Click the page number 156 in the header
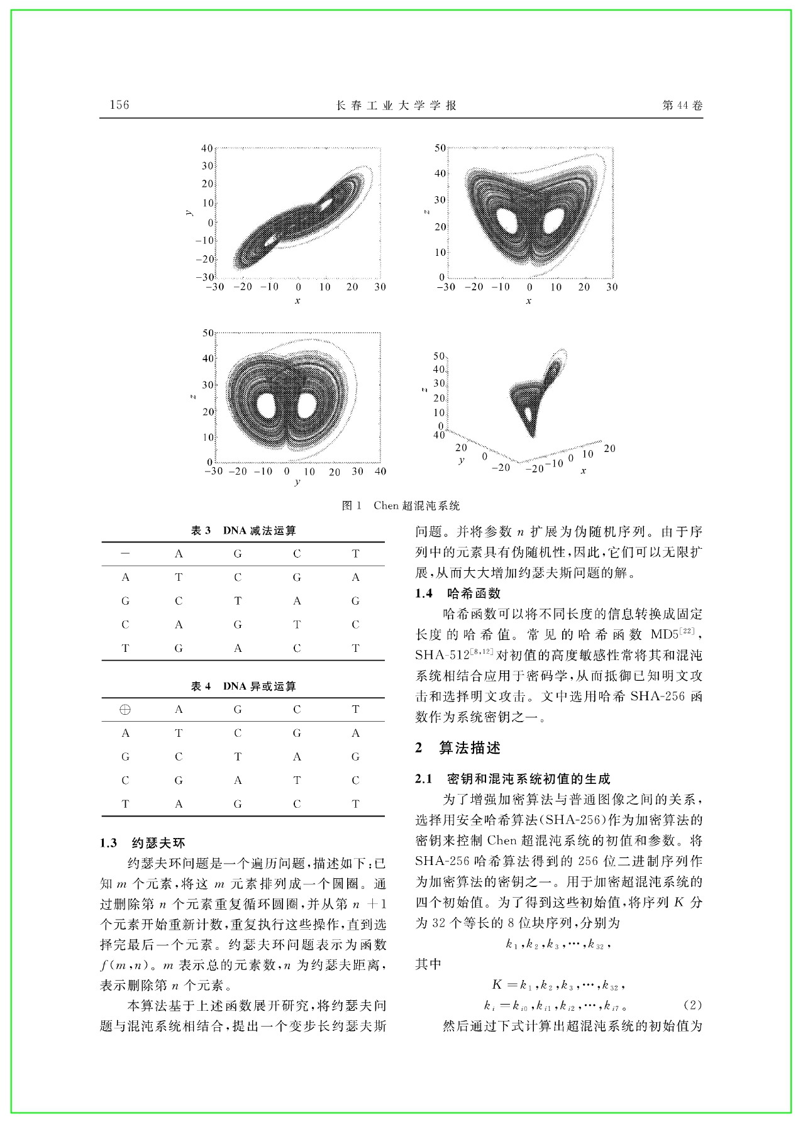[x=119, y=105]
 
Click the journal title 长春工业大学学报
[x=396, y=106]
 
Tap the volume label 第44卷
[x=682, y=106]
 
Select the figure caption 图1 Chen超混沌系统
[x=401, y=505]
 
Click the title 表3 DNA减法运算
[x=243, y=531]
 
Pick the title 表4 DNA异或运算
[x=243, y=686]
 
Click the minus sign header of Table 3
[x=125, y=553]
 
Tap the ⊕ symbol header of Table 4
[x=125, y=709]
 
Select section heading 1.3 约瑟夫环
[x=142, y=843]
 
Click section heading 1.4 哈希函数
[x=458, y=593]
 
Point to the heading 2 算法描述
[x=458, y=747]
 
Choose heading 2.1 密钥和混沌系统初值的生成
[x=513, y=779]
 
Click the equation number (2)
[x=692, y=1005]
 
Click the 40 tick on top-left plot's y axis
[x=207, y=148]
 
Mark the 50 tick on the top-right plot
[x=440, y=148]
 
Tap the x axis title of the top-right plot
[x=529, y=301]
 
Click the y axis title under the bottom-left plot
[x=297, y=482]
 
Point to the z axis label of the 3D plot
[x=426, y=390]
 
